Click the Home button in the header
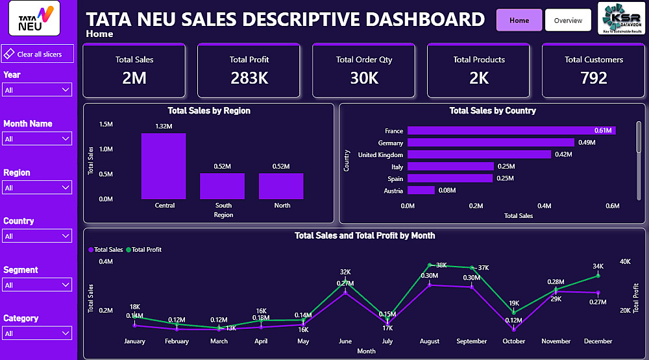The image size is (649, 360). click(519, 20)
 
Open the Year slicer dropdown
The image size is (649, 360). click(38, 90)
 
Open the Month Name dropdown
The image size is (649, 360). click(38, 139)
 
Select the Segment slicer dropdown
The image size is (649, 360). click(38, 285)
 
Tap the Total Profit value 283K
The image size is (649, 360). click(249, 78)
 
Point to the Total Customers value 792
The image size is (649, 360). click(593, 78)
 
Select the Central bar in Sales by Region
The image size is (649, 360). click(164, 166)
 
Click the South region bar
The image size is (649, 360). click(222, 186)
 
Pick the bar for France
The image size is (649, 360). click(511, 131)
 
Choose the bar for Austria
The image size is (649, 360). click(421, 191)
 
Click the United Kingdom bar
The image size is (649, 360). click(478, 155)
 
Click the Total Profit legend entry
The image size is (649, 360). click(146, 250)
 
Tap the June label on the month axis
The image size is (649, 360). click(345, 341)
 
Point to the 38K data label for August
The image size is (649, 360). click(441, 265)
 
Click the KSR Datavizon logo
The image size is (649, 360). click(620, 18)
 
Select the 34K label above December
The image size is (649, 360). click(598, 266)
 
